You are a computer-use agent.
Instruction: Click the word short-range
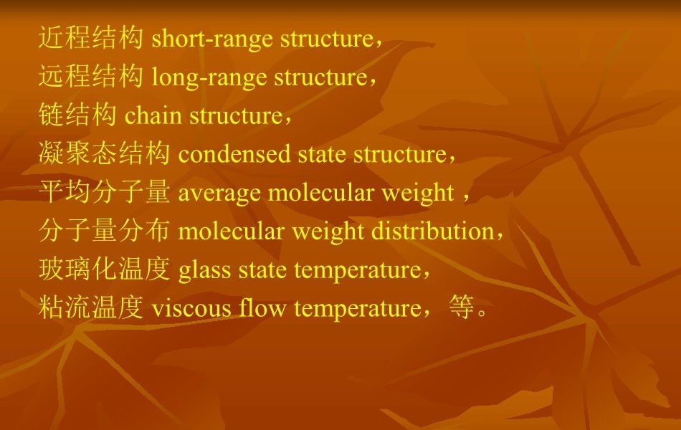(x=212, y=39)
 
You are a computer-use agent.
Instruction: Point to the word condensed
(x=234, y=154)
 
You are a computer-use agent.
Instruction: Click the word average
(x=219, y=193)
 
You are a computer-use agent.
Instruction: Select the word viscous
(x=191, y=308)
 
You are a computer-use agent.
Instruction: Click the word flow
(x=262, y=307)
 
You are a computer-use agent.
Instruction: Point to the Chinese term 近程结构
(x=91, y=37)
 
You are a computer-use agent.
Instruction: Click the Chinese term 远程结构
(x=91, y=75)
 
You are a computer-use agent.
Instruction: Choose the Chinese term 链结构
(x=77, y=114)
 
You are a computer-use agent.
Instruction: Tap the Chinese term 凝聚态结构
(x=104, y=153)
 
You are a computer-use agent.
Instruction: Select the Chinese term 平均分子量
(x=104, y=191)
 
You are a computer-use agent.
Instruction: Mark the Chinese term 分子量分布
(x=104, y=230)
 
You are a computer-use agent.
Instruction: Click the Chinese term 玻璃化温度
(x=104, y=269)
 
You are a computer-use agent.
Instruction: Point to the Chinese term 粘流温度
(x=91, y=307)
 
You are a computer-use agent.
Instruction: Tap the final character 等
(x=461, y=307)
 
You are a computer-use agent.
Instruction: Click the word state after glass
(x=262, y=270)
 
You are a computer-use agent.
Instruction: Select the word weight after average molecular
(x=418, y=193)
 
